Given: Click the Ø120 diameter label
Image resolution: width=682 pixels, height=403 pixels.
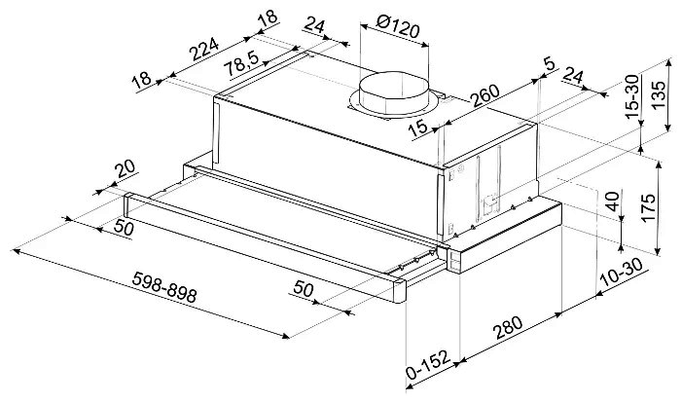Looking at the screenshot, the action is (x=398, y=28).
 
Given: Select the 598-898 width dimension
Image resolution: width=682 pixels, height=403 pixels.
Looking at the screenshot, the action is (x=164, y=287).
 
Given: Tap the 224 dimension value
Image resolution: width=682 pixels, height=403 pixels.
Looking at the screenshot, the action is (x=204, y=50).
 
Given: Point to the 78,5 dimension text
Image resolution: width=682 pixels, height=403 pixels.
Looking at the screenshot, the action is (x=241, y=64).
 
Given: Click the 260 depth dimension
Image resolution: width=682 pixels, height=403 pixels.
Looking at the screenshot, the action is (x=485, y=95).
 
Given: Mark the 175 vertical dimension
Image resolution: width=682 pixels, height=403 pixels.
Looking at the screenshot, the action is (x=647, y=208).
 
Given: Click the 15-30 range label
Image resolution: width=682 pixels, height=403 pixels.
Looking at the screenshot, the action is (x=631, y=96).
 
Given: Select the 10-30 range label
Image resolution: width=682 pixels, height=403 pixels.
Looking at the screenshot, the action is (x=621, y=273).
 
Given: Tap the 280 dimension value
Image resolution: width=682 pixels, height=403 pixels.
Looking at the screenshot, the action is (x=508, y=328).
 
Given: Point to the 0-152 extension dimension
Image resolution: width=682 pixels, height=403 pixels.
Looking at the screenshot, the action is (x=427, y=365).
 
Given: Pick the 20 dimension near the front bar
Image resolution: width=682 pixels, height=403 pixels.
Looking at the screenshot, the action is (x=125, y=168).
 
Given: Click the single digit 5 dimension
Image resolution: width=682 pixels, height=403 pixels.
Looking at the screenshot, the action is (x=550, y=64).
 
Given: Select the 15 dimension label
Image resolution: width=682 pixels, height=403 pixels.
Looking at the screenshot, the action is (x=418, y=128).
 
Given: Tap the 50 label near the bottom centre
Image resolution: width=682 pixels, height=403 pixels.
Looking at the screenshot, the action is (x=304, y=288).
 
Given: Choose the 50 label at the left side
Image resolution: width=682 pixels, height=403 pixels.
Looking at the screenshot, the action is (x=124, y=227).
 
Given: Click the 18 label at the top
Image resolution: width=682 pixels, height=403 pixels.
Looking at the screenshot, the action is (x=268, y=18).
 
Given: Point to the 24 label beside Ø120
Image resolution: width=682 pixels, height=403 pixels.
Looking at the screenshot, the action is (x=314, y=25).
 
